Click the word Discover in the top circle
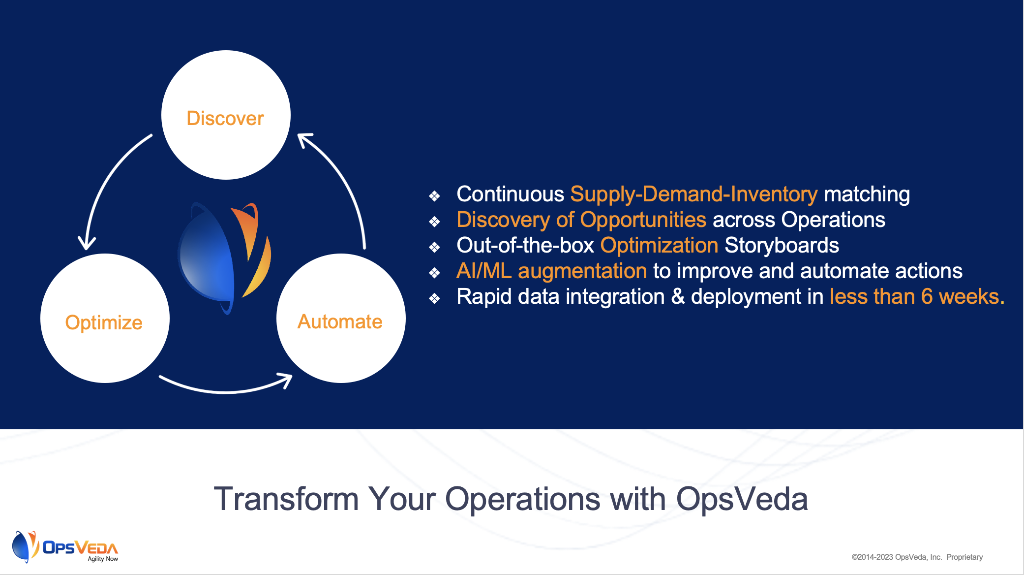pyautogui.click(x=225, y=118)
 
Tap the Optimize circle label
pyautogui.click(x=104, y=323)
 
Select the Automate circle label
pyautogui.click(x=340, y=321)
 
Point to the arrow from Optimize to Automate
pyautogui.click(x=226, y=392)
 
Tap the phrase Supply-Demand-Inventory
pyautogui.click(x=693, y=194)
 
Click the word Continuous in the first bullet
pyautogui.click(x=510, y=194)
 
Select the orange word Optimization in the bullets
pyautogui.click(x=659, y=246)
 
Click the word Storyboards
pyautogui.click(x=782, y=246)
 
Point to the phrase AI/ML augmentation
pyautogui.click(x=551, y=271)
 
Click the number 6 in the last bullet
pyautogui.click(x=927, y=297)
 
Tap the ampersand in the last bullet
pyautogui.click(x=678, y=297)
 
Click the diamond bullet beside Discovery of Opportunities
pyautogui.click(x=434, y=222)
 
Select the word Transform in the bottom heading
pyautogui.click(x=286, y=499)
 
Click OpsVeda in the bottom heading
pyautogui.click(x=742, y=499)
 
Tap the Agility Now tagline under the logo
pyautogui.click(x=103, y=559)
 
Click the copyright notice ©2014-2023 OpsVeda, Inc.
pyautogui.click(x=897, y=557)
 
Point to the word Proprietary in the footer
pyautogui.click(x=964, y=557)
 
